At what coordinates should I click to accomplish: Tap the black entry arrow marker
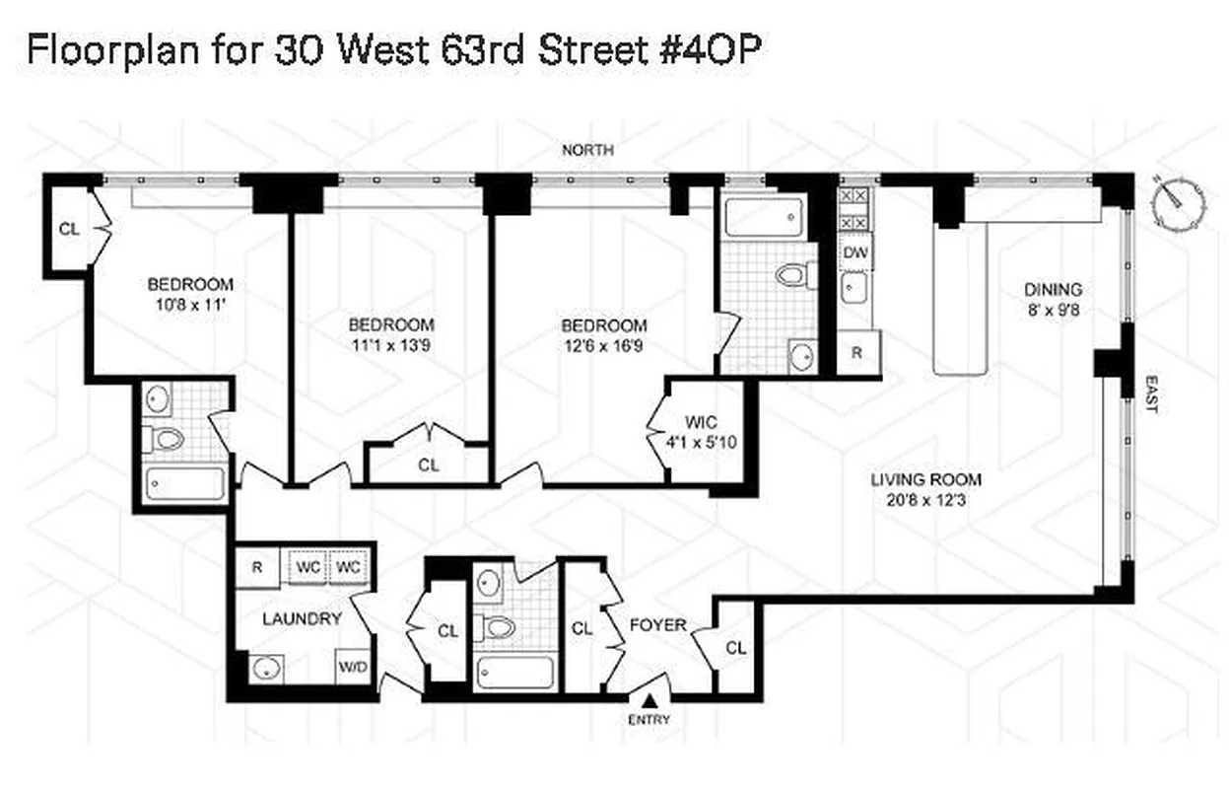649,700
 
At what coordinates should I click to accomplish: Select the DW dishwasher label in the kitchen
853,251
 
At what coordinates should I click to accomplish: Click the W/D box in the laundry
354,667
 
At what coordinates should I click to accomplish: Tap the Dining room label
1053,290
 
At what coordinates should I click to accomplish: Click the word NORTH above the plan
587,150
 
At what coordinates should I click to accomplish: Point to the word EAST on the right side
1149,394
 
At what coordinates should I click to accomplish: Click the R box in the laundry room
256,567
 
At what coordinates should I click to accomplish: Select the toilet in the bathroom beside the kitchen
793,274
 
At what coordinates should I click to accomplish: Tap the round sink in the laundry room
265,669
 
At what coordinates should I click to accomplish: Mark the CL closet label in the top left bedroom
68,229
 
